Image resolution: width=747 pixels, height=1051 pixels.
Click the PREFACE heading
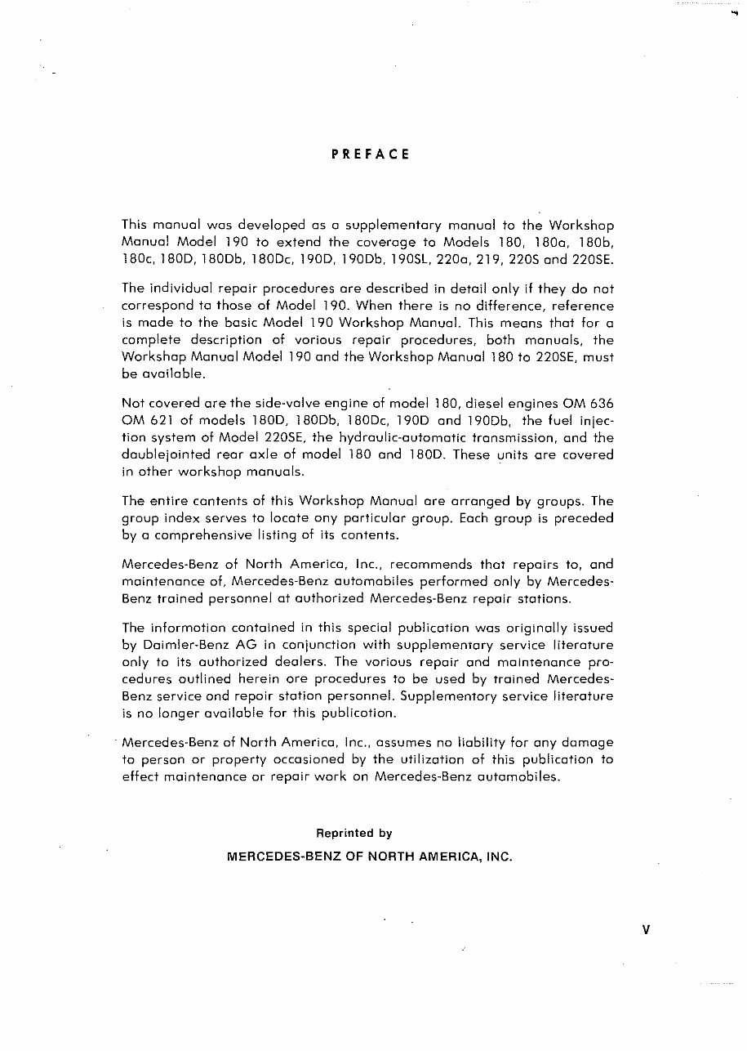(x=370, y=154)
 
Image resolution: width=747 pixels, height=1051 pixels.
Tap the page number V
(x=645, y=929)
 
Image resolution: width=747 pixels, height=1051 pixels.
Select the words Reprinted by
(x=354, y=834)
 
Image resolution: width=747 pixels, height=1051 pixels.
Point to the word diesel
(x=458, y=403)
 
